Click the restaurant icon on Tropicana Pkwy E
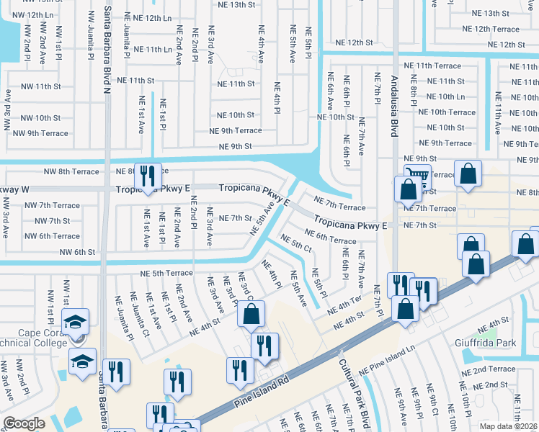148,176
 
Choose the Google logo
24,423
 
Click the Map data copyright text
507,426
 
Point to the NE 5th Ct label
295,244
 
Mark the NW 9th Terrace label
39,133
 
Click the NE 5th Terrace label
166,274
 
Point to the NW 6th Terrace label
52,236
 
